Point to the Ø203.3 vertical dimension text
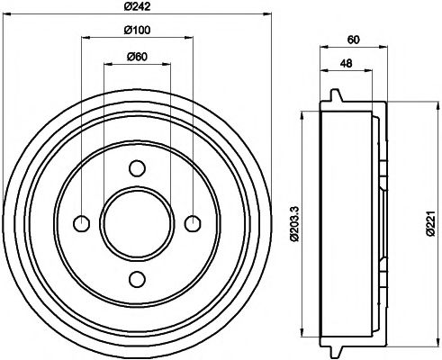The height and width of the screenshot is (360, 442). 293,220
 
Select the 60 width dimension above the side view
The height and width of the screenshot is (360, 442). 353,40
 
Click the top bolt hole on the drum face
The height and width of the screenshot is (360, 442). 137,167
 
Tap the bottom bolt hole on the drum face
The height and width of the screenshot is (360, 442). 137,277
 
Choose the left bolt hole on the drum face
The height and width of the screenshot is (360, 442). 82,222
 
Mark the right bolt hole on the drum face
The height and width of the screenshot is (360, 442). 192,222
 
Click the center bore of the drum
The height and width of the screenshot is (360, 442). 137,222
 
